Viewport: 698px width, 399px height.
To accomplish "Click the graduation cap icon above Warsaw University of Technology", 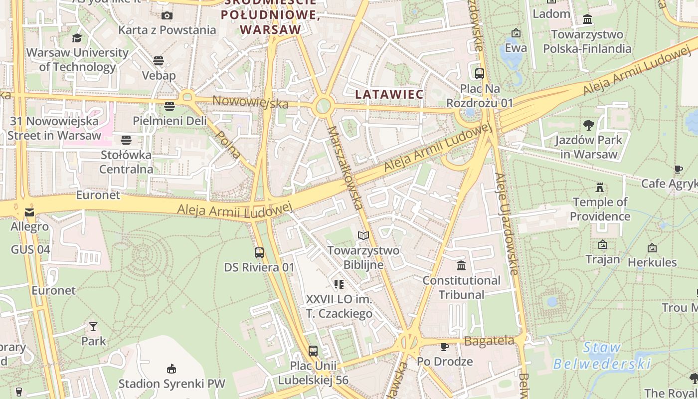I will point(77,38).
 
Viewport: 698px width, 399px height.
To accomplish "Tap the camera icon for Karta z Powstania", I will point(167,16).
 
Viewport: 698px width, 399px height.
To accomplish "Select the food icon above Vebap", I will point(159,61).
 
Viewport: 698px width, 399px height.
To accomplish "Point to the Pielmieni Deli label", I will point(170,121).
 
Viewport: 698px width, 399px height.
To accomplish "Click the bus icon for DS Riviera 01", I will point(259,253).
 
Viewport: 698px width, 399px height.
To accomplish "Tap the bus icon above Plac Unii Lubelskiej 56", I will point(313,351).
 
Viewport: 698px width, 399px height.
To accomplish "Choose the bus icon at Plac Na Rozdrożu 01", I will point(480,74).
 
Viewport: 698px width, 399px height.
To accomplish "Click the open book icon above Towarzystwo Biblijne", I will point(363,235).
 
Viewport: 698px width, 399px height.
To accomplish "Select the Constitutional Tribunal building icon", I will point(461,265).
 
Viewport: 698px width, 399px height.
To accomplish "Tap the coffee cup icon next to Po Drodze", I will point(445,347).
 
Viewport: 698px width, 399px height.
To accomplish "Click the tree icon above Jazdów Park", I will point(588,125).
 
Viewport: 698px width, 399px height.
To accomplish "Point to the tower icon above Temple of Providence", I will point(600,188).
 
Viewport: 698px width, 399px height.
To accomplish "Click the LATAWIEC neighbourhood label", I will point(389,94).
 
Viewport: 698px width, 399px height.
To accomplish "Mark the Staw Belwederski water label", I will point(602,356).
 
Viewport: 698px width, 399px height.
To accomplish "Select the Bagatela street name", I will point(489,341).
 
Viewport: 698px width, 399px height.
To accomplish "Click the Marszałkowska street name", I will point(345,167).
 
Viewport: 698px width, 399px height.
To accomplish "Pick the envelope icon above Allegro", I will point(29,213).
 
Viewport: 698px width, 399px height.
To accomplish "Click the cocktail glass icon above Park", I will point(93,327).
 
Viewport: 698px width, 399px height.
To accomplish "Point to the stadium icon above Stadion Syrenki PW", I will point(171,369).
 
